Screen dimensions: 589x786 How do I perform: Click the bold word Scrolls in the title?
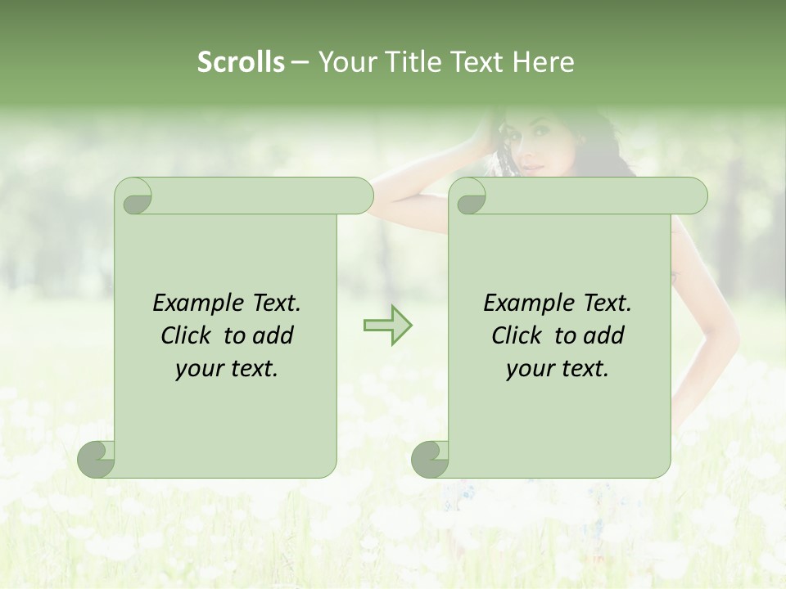pyautogui.click(x=242, y=62)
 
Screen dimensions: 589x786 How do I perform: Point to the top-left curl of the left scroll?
pyautogui.click(x=136, y=197)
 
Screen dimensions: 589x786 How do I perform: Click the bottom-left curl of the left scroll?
pyautogui.click(x=97, y=459)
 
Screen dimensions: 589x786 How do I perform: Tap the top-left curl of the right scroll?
pyautogui.click(x=470, y=197)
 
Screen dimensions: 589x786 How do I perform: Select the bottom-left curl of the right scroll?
pyautogui.click(x=431, y=459)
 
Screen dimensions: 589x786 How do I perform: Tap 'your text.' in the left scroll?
pyautogui.click(x=227, y=369)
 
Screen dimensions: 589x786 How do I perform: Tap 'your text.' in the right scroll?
pyautogui.click(x=558, y=369)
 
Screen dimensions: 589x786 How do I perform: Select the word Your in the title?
pyautogui.click(x=345, y=62)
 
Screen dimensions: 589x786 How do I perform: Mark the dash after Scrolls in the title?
pyautogui.click(x=300, y=63)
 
